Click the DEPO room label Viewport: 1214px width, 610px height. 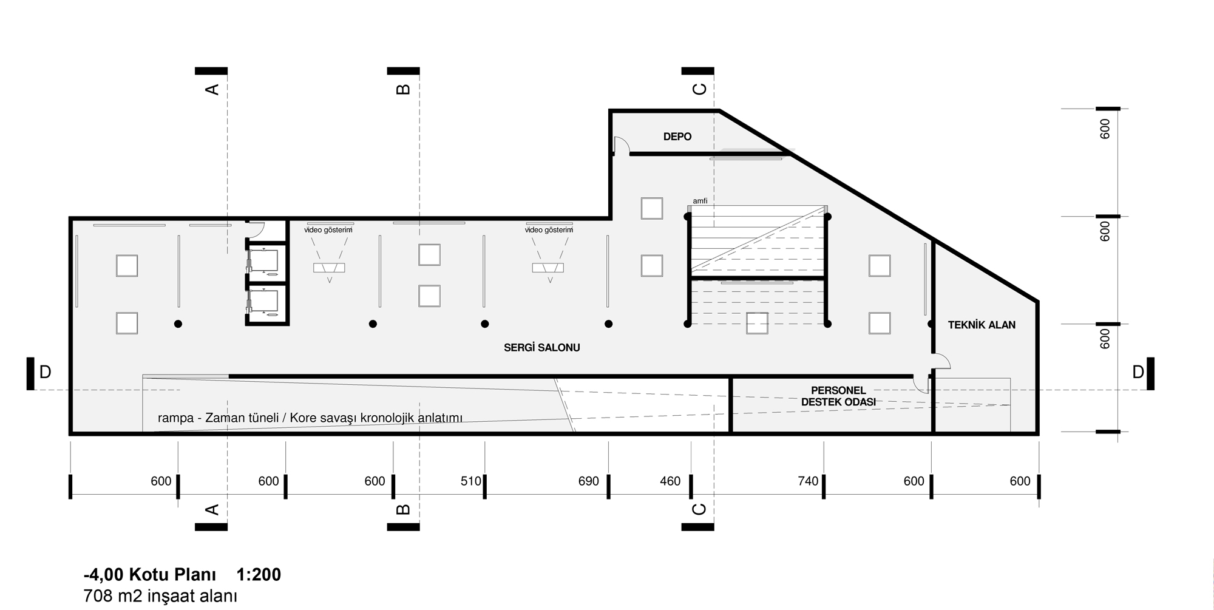[x=677, y=137]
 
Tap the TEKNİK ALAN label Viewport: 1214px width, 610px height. [x=982, y=325]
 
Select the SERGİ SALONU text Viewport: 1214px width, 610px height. [x=541, y=348]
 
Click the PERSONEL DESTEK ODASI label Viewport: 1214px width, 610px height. [x=838, y=396]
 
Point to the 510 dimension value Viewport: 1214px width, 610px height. [x=471, y=481]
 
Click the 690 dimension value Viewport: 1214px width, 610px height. [x=589, y=481]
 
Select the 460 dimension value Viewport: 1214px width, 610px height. [x=670, y=481]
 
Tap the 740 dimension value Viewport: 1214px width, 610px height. [x=808, y=481]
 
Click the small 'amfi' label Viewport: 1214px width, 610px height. [x=700, y=201]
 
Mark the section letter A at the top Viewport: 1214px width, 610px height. [x=212, y=89]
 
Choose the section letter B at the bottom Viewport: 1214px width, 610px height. [x=403, y=509]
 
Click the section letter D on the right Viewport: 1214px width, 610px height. [x=1138, y=372]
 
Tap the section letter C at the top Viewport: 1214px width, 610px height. [x=699, y=89]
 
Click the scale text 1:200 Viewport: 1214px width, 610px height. [x=259, y=575]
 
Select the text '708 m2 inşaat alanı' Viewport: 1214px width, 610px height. [x=160, y=596]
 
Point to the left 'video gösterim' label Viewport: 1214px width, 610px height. [x=328, y=230]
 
